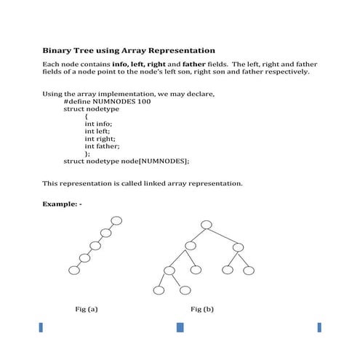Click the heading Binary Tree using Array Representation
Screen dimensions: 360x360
click(129, 50)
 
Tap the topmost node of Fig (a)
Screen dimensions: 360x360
click(116, 220)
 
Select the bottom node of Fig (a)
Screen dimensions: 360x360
click(73, 270)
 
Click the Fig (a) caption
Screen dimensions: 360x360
click(87, 309)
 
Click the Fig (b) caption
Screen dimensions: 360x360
click(202, 309)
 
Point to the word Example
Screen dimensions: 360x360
click(60, 204)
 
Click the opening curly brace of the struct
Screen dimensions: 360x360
click(87, 116)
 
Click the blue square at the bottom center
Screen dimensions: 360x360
click(180, 328)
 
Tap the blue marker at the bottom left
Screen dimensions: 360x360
click(41, 328)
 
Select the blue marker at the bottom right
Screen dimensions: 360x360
click(319, 328)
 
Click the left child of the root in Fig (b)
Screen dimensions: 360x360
click(190, 247)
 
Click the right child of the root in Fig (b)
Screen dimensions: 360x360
click(239, 247)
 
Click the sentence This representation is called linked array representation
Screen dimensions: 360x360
click(143, 183)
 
